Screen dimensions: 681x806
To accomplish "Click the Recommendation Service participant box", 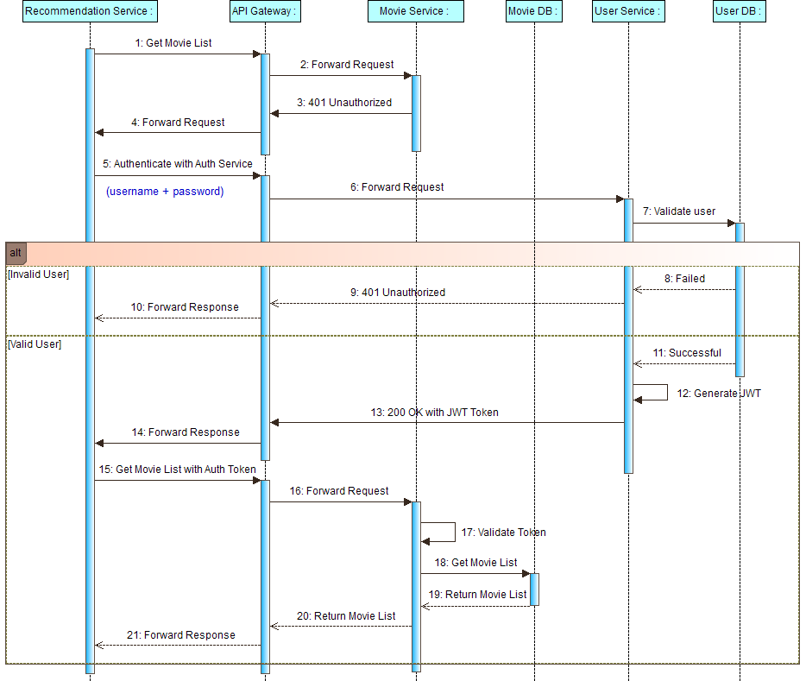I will tap(90, 11).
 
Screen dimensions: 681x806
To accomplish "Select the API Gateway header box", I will tap(265, 11).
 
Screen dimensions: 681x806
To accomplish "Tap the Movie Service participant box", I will tap(415, 11).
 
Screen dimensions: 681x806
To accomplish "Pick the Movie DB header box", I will tap(534, 11).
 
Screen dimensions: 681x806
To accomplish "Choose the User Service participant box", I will tap(628, 11).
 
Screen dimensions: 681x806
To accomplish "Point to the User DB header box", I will tap(740, 11).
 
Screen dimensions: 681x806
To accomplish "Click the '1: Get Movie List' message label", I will tap(173, 43).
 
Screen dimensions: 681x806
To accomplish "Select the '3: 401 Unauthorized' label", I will tap(344, 103).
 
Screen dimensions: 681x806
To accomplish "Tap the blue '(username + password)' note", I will tap(165, 192).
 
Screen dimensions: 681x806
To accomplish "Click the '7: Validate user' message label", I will tap(678, 211).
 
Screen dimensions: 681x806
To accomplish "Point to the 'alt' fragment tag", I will tap(16, 253).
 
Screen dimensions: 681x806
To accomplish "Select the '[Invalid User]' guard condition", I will tap(38, 274).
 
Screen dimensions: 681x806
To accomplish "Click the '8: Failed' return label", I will tap(684, 279).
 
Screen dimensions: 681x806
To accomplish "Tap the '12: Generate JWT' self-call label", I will tap(719, 394).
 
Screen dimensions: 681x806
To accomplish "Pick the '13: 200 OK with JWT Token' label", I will tap(435, 413).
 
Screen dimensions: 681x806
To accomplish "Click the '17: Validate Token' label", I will tap(503, 533).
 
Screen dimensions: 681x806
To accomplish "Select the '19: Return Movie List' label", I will tap(478, 595).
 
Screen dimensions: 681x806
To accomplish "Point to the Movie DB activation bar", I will tap(534, 589).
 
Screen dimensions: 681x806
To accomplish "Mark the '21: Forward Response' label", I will tap(181, 635).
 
